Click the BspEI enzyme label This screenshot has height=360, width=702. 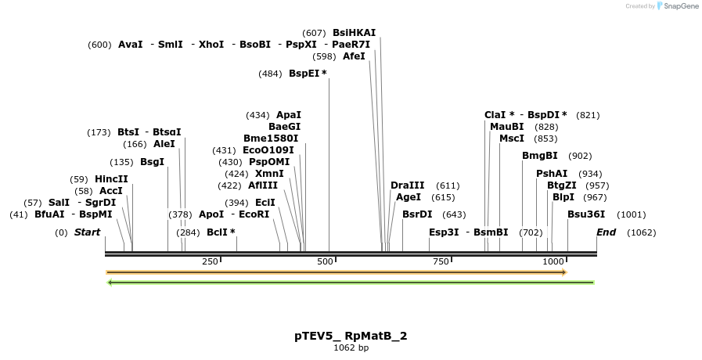[x=304, y=74]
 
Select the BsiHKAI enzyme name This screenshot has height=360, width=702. [x=354, y=33]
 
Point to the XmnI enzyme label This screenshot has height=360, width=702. [x=269, y=174]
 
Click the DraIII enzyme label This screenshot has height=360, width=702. [x=407, y=185]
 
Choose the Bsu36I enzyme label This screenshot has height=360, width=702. [x=586, y=214]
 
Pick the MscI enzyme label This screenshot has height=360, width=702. [x=512, y=139]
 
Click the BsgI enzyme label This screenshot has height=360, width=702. [x=152, y=162]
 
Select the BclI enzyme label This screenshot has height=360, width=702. [x=218, y=232]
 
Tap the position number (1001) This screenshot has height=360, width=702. [x=632, y=214]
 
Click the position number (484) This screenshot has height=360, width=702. [x=270, y=74]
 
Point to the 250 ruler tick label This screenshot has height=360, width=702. [x=210, y=261]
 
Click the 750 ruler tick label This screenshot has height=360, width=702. [x=441, y=261]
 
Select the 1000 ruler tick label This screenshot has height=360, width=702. [x=553, y=261]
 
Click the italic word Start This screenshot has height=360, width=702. [x=87, y=232]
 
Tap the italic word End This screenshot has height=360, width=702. [x=606, y=232]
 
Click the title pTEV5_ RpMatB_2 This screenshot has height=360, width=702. [x=351, y=336]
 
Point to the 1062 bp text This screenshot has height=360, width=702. [x=351, y=347]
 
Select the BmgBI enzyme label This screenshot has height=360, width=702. [x=540, y=156]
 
